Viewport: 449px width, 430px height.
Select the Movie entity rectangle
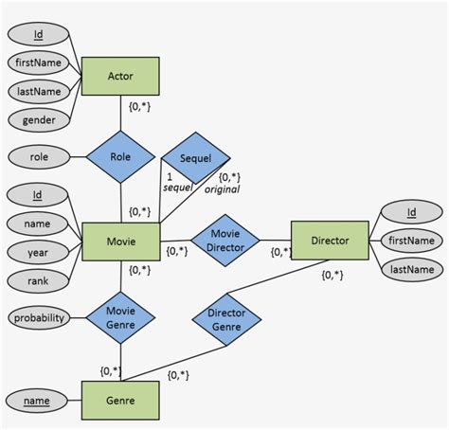tap(121, 242)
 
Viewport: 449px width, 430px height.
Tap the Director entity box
tap(330, 242)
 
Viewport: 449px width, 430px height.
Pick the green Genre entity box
tap(121, 402)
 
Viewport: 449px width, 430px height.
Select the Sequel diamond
tap(195, 158)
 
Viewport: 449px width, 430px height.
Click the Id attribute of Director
tap(411, 213)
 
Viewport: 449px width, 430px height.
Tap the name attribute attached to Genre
tap(37, 402)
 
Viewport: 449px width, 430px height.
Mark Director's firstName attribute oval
tap(411, 242)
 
